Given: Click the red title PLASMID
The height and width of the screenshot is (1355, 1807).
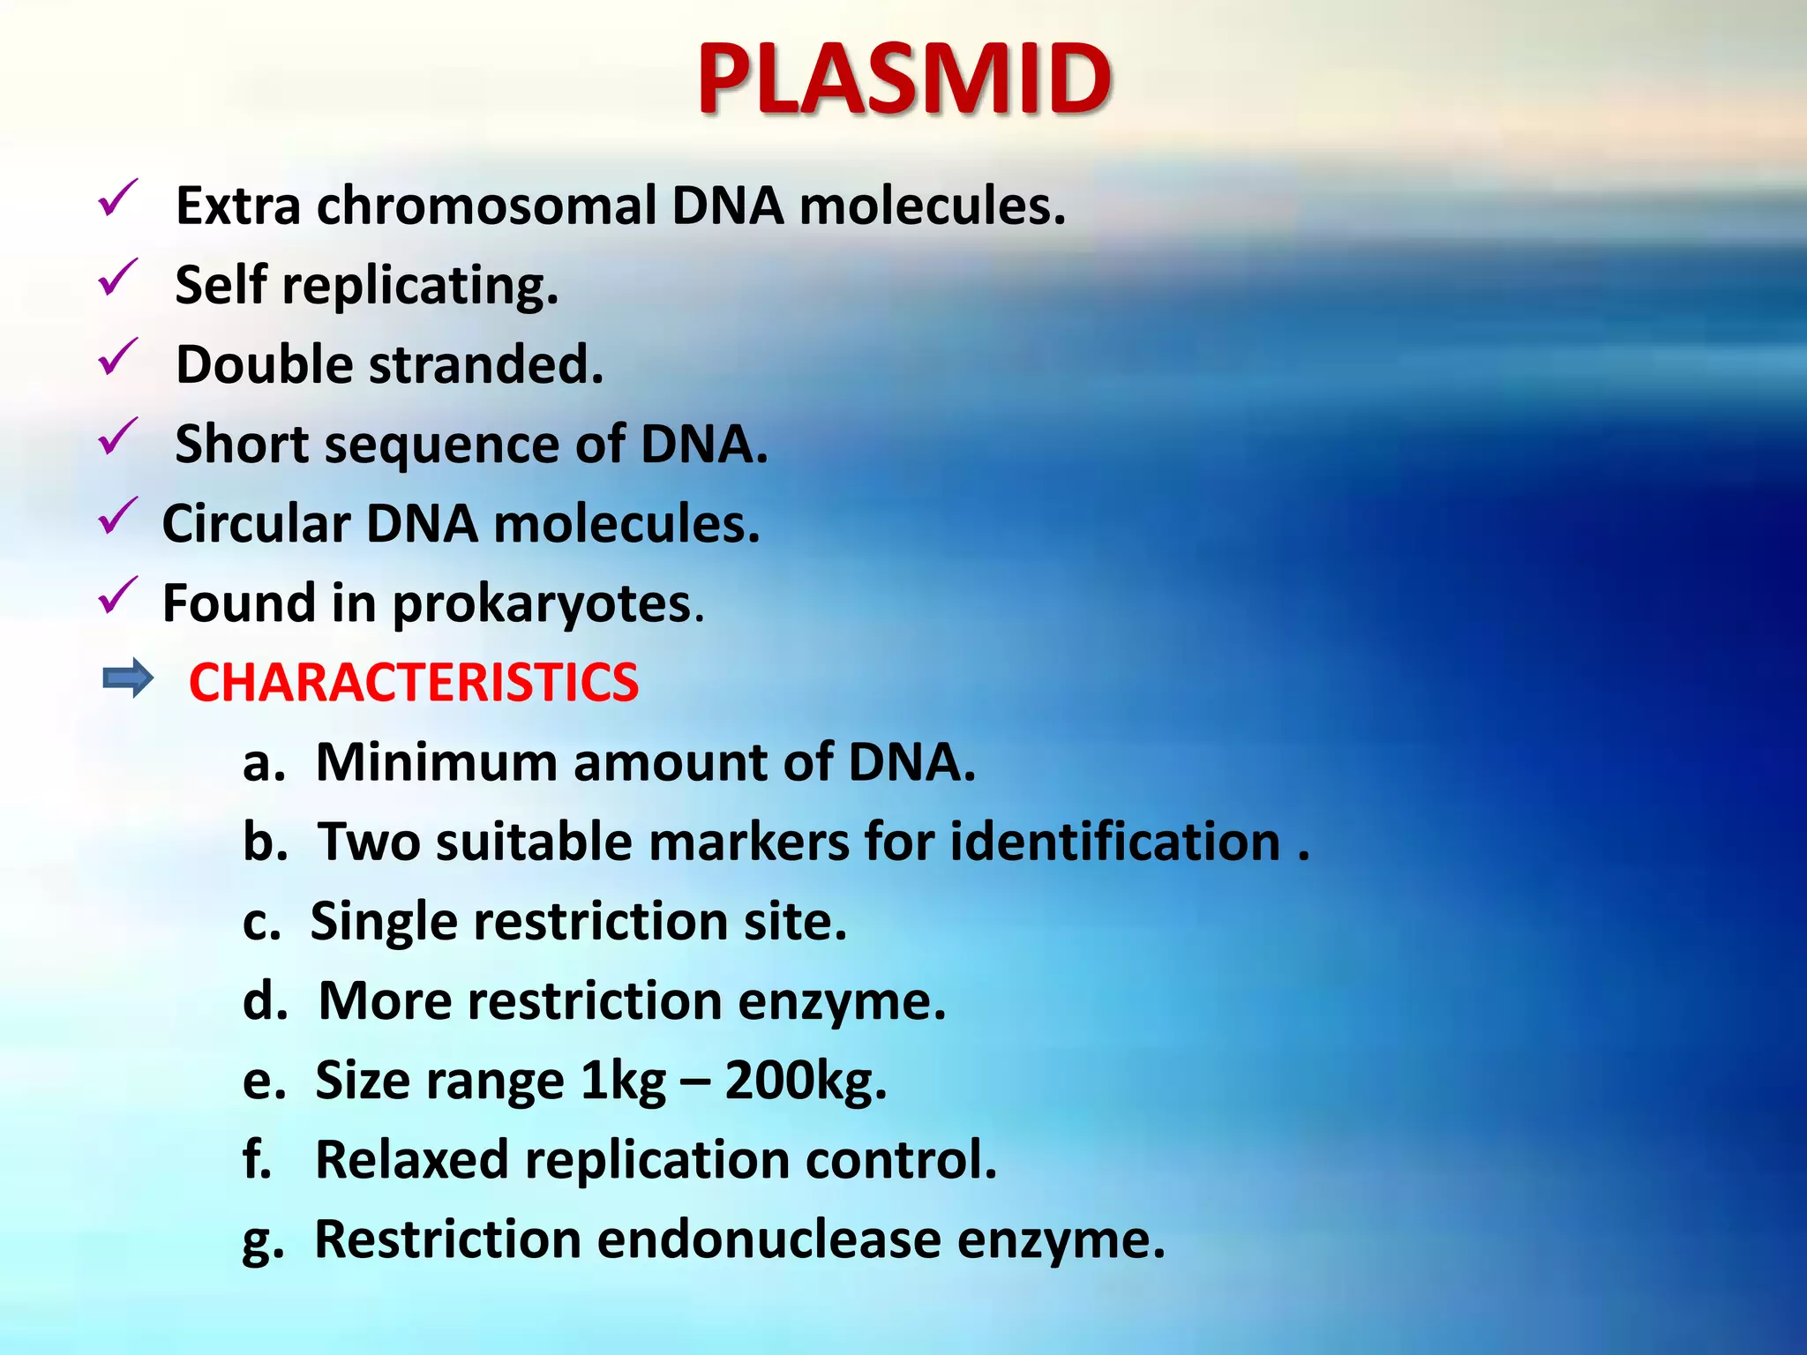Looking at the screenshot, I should click(903, 79).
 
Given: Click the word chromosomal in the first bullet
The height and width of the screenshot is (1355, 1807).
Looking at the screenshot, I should click(486, 206).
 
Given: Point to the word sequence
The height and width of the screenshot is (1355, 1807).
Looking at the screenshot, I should click(442, 445).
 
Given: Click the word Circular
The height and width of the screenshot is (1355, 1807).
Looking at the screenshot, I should click(256, 524).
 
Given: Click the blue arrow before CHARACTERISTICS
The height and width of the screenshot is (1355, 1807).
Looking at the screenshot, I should click(128, 679).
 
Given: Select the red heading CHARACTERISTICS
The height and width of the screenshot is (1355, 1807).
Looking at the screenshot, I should click(413, 683).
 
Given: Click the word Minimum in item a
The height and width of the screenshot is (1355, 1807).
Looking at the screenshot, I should click(437, 762).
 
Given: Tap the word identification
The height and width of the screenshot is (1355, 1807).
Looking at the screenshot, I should click(1115, 842).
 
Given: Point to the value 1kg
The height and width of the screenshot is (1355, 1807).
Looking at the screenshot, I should click(623, 1082).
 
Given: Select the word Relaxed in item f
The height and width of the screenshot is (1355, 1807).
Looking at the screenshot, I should click(411, 1160).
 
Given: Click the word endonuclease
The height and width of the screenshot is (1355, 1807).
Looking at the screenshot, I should click(769, 1239).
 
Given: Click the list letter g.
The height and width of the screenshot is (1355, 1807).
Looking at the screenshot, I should click(263, 1241).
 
